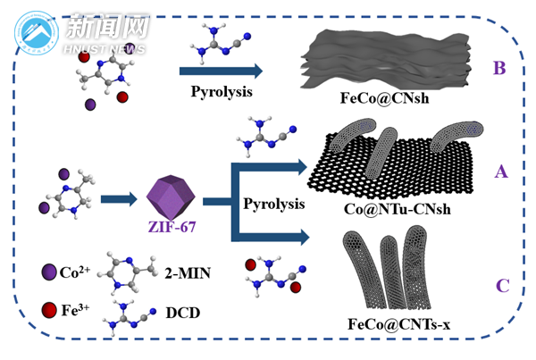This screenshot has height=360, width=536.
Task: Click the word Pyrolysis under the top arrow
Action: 222,92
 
